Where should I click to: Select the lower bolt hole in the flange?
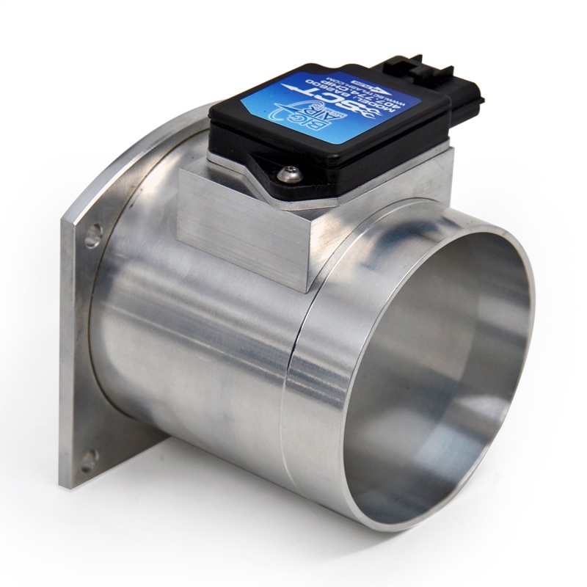[x=89, y=460]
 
